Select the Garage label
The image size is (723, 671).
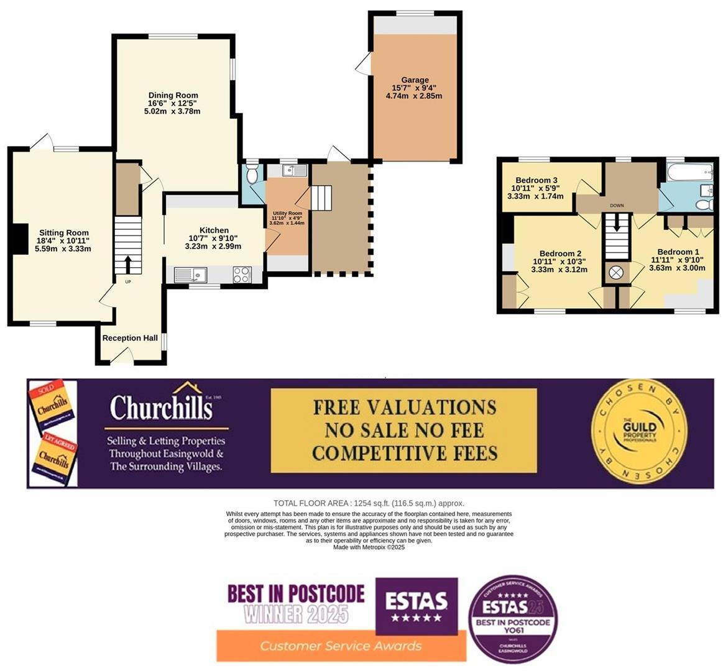pos(415,80)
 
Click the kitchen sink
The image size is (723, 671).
pos(190,274)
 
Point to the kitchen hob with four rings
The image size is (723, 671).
pos(241,275)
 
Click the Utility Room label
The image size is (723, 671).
pos(287,214)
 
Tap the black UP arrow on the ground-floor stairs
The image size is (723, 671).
pos(128,265)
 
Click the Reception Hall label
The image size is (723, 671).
pos(130,338)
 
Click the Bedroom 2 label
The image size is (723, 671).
pos(560,253)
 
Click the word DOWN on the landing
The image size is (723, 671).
pos(617,206)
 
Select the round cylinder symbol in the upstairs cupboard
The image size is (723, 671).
pos(616,273)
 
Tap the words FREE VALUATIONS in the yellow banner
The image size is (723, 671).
pos(404,407)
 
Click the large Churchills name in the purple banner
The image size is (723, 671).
pos(161,408)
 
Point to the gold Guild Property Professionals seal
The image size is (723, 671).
pos(640,432)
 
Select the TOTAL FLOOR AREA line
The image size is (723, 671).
pos(369,503)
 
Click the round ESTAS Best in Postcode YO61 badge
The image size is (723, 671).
pos(513,618)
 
